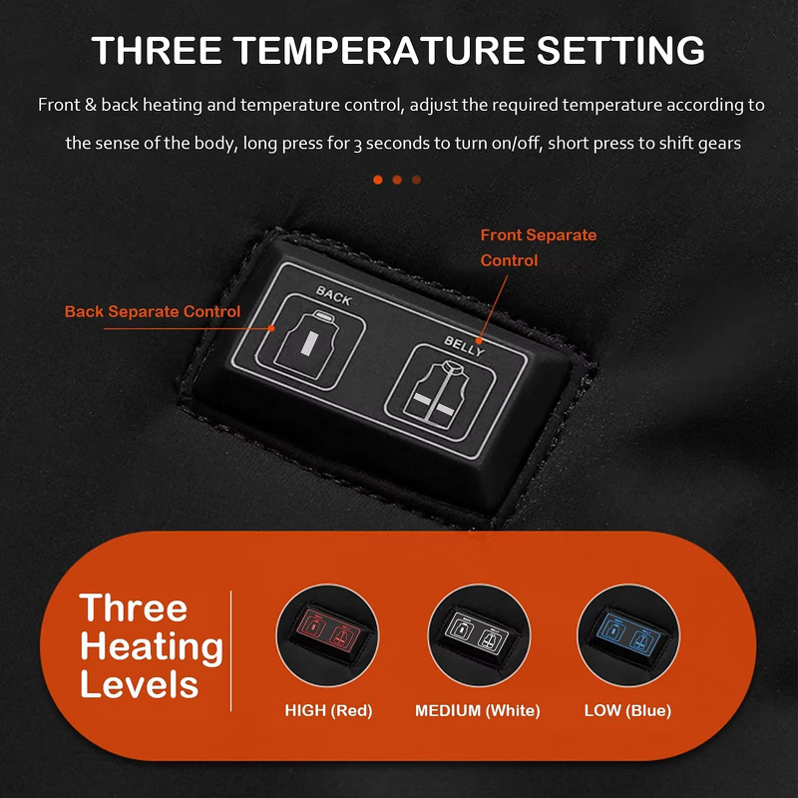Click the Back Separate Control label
pos(153,312)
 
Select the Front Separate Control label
pos(539,247)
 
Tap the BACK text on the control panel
pos(333,293)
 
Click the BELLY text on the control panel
pos(465,346)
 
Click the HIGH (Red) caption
pos(328,711)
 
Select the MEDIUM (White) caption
pos(477,711)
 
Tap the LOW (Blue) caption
pos(627,711)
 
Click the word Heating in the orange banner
pos(152,646)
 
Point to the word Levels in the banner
pos(139,685)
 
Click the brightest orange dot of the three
pos(378,180)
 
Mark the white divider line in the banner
pos(231,649)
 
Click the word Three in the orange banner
pos(134,607)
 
